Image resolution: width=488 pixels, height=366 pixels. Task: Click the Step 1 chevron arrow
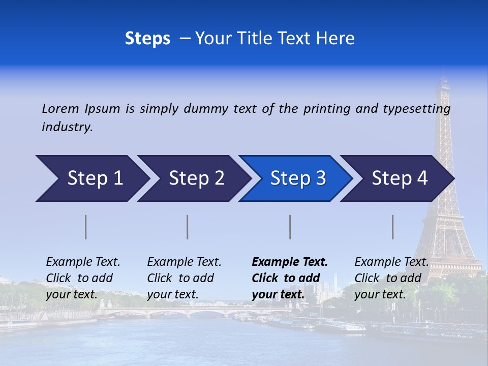click(x=94, y=178)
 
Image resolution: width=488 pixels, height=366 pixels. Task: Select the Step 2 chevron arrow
click(x=196, y=178)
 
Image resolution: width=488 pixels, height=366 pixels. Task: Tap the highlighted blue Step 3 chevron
click(x=297, y=178)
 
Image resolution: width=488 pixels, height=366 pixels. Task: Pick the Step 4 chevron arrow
click(x=399, y=178)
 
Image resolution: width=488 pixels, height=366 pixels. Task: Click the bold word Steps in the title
click(x=147, y=39)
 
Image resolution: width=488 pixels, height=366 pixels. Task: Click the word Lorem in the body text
click(x=60, y=108)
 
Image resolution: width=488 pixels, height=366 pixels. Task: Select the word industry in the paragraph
click(x=67, y=127)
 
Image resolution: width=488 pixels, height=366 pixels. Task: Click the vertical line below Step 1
click(x=86, y=227)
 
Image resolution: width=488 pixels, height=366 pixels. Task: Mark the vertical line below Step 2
click(x=188, y=227)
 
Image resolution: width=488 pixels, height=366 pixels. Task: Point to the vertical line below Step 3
click(x=290, y=227)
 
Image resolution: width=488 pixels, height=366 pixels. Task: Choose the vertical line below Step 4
click(x=392, y=227)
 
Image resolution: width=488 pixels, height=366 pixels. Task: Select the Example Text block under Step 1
click(x=83, y=278)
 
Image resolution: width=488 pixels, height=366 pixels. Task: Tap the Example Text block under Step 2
click(x=184, y=278)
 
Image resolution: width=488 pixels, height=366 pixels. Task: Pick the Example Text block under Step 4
click(x=391, y=278)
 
